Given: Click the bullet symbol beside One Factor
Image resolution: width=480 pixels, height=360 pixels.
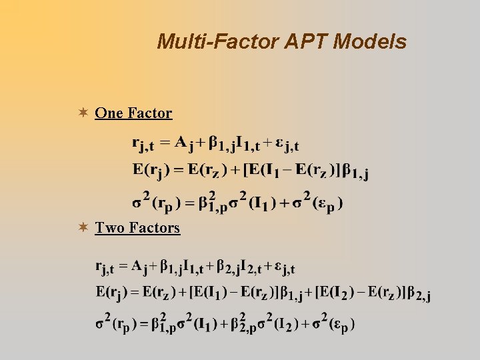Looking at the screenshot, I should (82, 113).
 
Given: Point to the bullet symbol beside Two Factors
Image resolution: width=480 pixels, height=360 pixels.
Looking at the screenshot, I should (82, 228).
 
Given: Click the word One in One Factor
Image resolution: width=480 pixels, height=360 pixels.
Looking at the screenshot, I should (109, 113).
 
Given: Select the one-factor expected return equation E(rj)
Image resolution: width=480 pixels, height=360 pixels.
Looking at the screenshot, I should (251, 171).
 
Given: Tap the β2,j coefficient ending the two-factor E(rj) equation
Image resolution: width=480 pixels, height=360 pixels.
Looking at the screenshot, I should (419, 293).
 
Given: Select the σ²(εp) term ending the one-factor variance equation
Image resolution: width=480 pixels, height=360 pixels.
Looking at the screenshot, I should (323, 201).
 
